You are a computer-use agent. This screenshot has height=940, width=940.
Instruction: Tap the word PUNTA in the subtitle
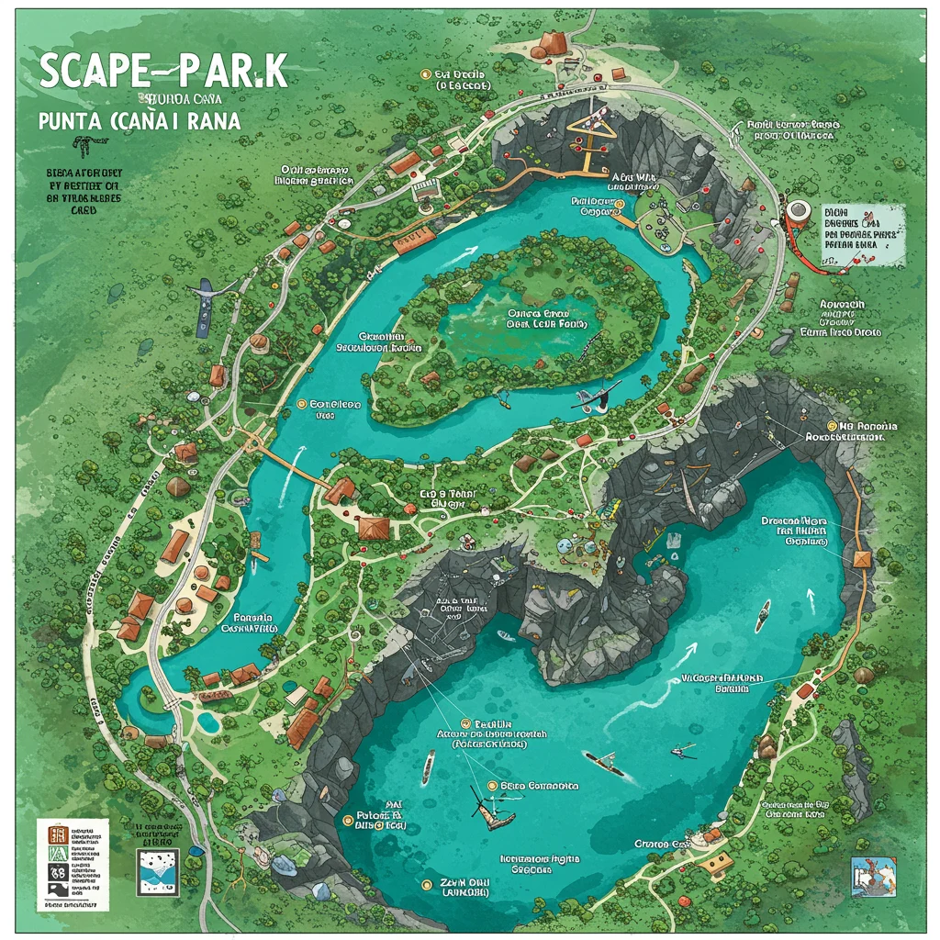(73, 119)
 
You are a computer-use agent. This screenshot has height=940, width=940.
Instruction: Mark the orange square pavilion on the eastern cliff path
(862, 559)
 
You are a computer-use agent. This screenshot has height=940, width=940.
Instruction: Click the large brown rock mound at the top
(555, 42)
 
